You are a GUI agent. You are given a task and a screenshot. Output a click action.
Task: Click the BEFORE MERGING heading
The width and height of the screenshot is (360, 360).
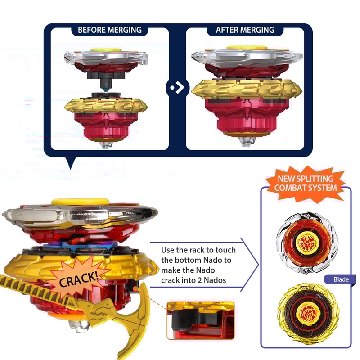pyautogui.click(x=109, y=30)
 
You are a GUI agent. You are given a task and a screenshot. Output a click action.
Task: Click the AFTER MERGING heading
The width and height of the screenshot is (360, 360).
pyautogui.click(x=245, y=30)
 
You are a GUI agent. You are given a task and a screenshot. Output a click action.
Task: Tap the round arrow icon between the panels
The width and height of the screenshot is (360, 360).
pyautogui.click(x=177, y=87)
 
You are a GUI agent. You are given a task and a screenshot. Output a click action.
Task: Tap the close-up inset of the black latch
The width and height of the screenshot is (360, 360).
pyautogui.click(x=200, y=320)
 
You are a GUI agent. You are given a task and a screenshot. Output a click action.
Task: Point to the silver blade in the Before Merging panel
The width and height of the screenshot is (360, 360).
pyautogui.click(x=106, y=58)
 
